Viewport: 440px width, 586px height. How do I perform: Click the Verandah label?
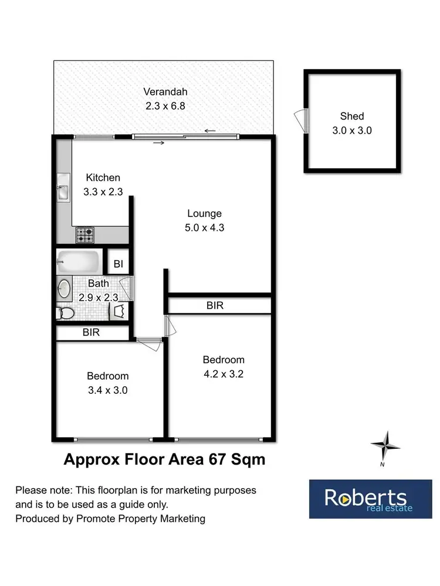[165, 92]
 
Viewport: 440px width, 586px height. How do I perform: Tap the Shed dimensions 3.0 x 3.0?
[352, 131]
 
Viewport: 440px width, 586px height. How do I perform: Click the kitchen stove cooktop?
[84, 235]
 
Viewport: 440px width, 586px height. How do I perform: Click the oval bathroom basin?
[65, 288]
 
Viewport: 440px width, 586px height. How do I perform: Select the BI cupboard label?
[118, 264]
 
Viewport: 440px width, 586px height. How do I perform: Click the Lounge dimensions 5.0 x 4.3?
[204, 227]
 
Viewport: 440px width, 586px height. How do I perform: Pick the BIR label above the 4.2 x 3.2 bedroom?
[215, 305]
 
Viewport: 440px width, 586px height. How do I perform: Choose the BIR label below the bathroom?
[91, 333]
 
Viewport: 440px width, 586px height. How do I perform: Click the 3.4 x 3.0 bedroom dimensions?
[107, 390]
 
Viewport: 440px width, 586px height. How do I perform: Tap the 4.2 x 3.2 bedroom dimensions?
[223, 373]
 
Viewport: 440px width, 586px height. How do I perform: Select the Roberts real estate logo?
[366, 499]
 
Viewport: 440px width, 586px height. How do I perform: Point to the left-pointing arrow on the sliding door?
[210, 131]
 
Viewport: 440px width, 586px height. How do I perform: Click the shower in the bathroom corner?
[120, 311]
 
